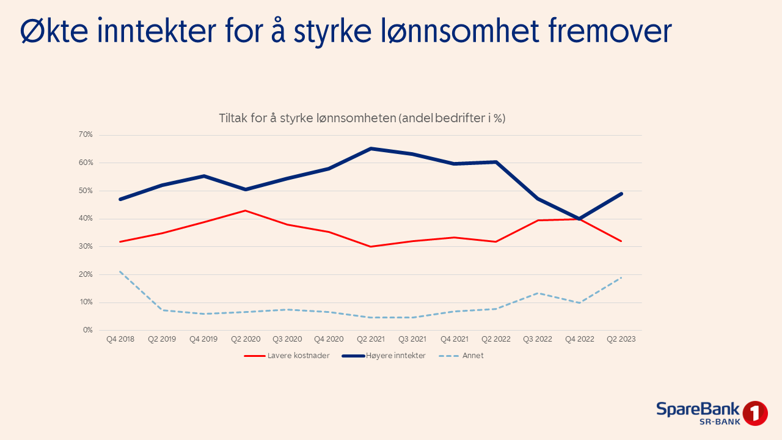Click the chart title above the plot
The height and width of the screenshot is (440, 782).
[x=362, y=119]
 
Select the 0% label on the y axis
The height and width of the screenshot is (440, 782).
[x=87, y=330]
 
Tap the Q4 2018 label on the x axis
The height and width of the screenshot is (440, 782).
[x=120, y=339]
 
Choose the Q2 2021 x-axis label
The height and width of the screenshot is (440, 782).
[x=370, y=339]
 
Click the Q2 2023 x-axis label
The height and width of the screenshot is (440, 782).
[x=621, y=339]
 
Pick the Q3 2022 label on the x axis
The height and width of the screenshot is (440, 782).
[x=537, y=339]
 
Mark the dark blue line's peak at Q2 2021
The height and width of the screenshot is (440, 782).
[x=370, y=148]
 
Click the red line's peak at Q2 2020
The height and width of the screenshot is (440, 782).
[x=245, y=210]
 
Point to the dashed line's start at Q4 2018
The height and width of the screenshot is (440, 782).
[x=120, y=271]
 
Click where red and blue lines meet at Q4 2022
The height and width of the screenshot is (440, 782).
[x=579, y=219]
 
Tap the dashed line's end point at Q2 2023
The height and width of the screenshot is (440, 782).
[x=621, y=278]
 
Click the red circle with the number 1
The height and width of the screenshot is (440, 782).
[x=755, y=414]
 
